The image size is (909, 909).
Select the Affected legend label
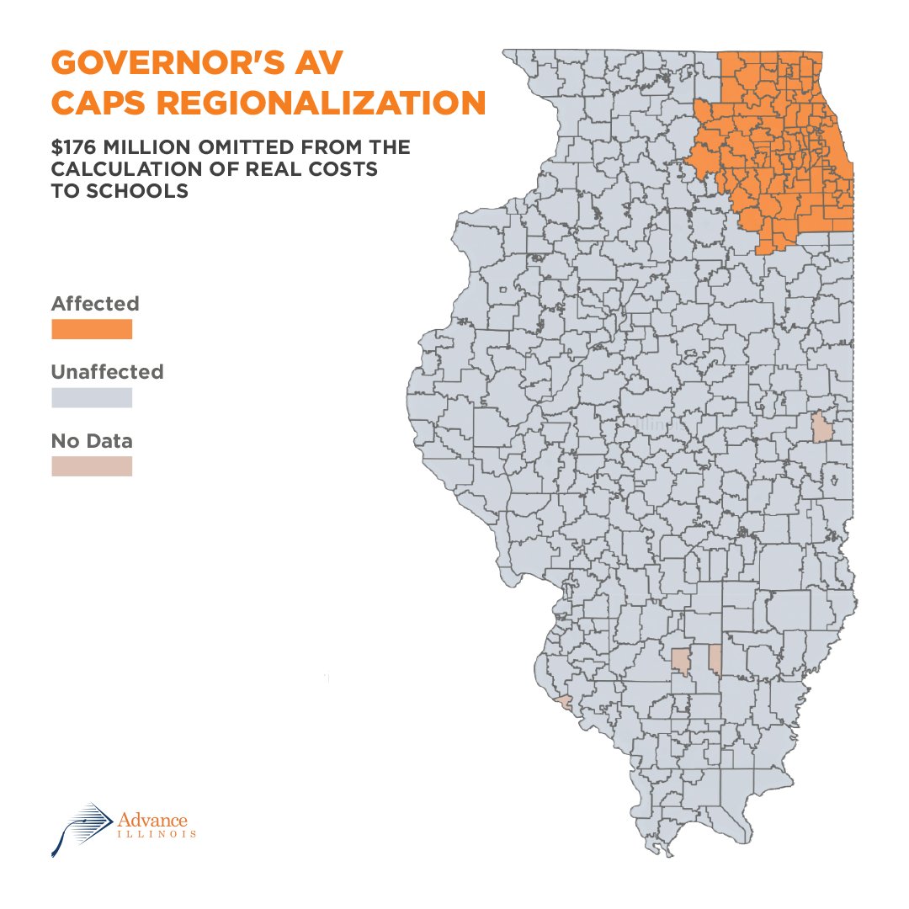(x=95, y=303)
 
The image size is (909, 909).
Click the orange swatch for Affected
(x=92, y=329)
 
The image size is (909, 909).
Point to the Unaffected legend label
(x=108, y=371)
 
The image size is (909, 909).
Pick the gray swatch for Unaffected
(x=92, y=397)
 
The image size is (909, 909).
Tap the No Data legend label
(x=92, y=440)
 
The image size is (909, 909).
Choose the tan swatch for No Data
(x=92, y=466)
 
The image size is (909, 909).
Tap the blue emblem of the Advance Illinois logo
(x=81, y=827)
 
